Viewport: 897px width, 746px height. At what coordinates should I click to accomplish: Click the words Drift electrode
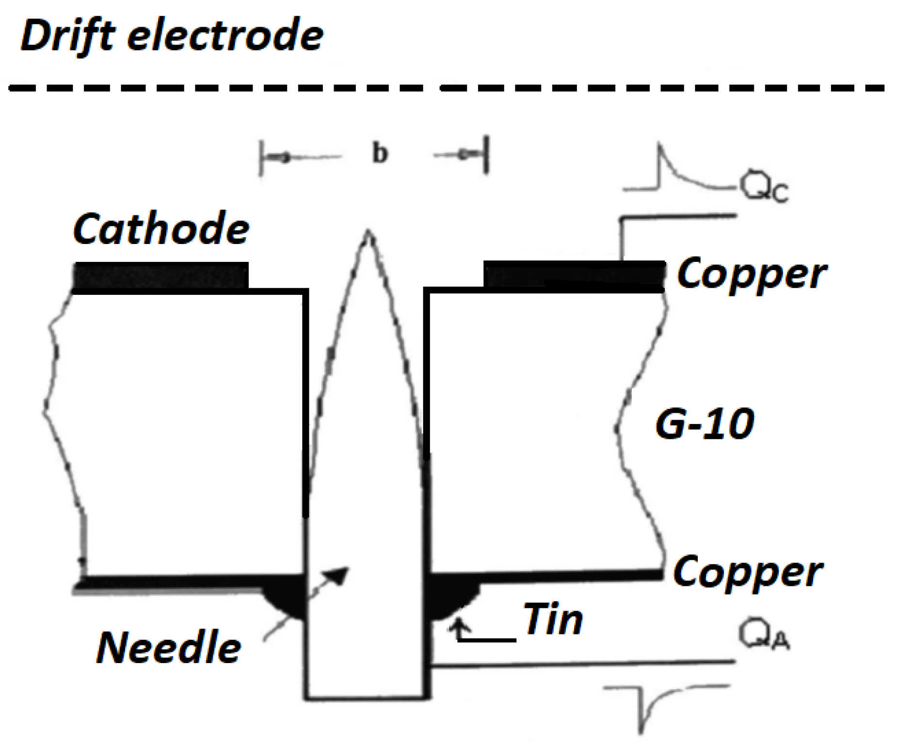172,36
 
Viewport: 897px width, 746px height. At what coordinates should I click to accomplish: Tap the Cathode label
161,229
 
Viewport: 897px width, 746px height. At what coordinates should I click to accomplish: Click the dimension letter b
380,153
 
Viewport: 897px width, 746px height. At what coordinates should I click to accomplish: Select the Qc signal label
764,188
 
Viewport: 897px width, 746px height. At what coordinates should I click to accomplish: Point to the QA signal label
764,635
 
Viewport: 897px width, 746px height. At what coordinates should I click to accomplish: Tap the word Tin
553,620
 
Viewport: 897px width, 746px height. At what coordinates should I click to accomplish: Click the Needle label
168,649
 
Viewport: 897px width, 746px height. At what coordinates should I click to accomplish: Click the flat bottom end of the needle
367,697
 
